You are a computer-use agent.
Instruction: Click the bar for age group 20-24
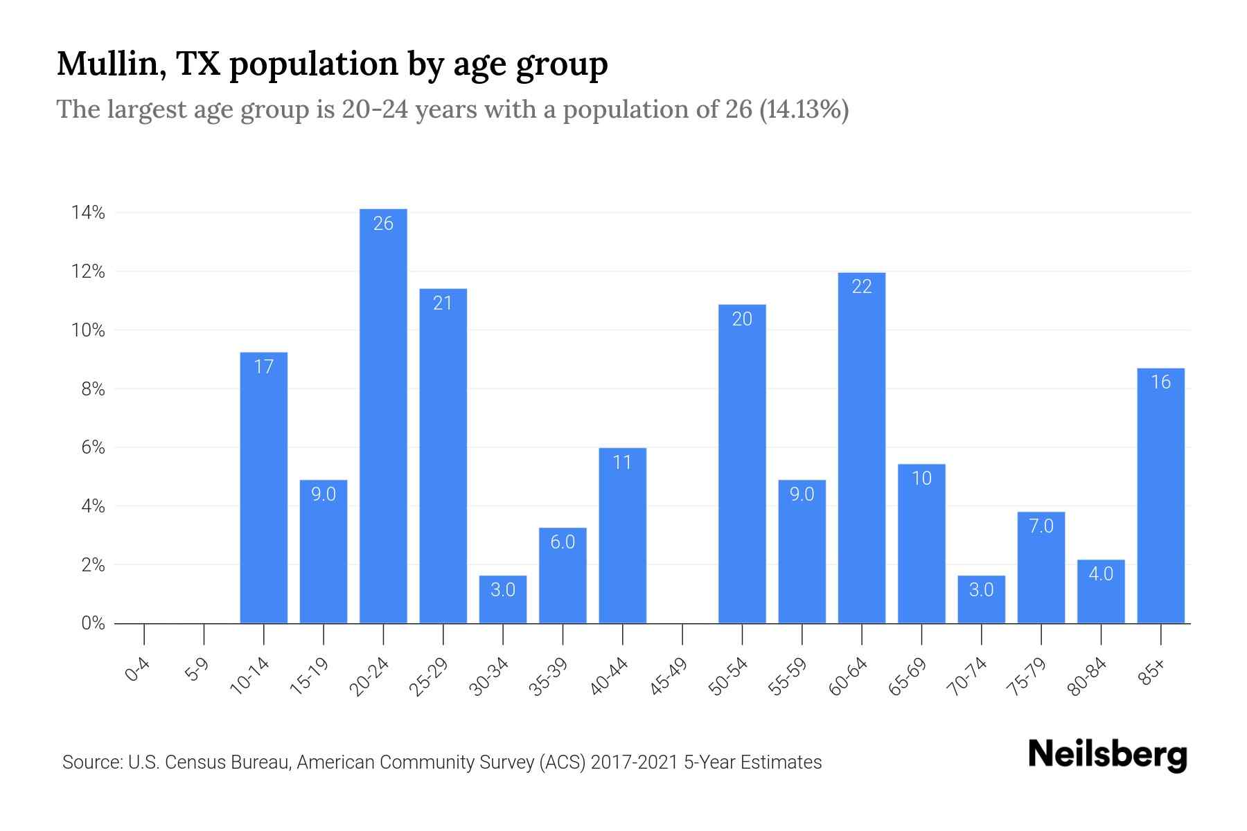point(383,415)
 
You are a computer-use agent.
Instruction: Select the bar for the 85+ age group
point(1160,495)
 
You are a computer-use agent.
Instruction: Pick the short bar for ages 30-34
point(502,600)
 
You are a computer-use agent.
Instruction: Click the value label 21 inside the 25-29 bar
point(443,303)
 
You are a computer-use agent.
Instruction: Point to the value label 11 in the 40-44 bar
point(622,463)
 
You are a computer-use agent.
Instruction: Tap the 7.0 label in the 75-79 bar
point(1041,526)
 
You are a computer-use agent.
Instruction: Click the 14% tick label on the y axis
point(88,213)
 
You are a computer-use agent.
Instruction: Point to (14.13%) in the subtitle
point(804,109)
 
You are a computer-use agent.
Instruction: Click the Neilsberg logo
point(1107,756)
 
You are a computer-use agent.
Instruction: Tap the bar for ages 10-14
point(263,488)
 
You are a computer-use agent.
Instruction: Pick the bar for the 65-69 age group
point(921,544)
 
